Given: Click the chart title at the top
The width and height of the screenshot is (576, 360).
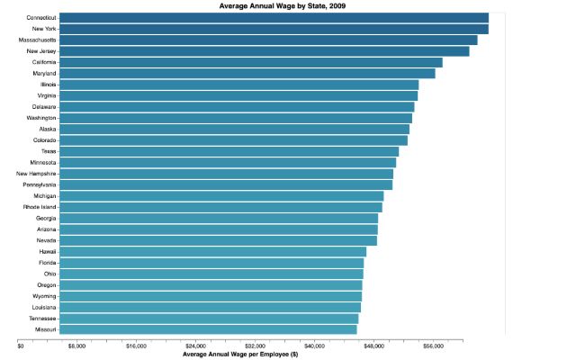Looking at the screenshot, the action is pyautogui.click(x=282, y=6).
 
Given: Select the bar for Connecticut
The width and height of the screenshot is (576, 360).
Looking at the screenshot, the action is pyautogui.click(x=274, y=18).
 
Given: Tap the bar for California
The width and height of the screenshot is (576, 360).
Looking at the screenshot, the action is pyautogui.click(x=251, y=62).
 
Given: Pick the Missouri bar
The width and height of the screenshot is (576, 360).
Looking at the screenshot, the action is pyautogui.click(x=208, y=329).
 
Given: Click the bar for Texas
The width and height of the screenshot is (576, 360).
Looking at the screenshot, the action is pyautogui.click(x=229, y=151).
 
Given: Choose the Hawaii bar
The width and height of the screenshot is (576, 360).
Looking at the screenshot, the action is pyautogui.click(x=212, y=252).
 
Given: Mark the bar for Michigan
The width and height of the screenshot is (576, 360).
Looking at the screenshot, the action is pyautogui.click(x=221, y=196).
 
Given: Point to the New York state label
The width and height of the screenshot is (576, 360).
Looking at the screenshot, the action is pyautogui.click(x=44, y=29).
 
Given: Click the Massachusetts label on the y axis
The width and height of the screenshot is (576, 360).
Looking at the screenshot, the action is pyautogui.click(x=38, y=40).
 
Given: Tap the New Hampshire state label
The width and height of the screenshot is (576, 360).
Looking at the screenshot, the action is pyautogui.click(x=36, y=174).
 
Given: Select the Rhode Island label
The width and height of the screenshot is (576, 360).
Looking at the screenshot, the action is pyautogui.click(x=40, y=207).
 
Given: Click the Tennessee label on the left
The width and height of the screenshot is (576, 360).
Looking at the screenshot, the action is pyautogui.click(x=42, y=319).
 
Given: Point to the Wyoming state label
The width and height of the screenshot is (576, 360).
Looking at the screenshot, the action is pyautogui.click(x=44, y=296).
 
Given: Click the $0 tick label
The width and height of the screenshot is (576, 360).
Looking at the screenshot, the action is pyautogui.click(x=21, y=346).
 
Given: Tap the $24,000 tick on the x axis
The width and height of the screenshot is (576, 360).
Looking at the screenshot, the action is pyautogui.click(x=196, y=346).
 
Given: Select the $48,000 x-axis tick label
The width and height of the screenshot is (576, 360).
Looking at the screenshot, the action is pyautogui.click(x=374, y=346).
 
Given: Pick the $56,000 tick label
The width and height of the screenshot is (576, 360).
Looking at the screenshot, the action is pyautogui.click(x=434, y=346).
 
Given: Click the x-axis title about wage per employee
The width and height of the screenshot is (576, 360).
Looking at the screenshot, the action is pyautogui.click(x=240, y=355).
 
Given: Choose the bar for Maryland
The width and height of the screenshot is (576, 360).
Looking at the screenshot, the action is pyautogui.click(x=247, y=74).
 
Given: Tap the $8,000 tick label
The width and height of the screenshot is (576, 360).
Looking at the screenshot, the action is pyautogui.click(x=76, y=346).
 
